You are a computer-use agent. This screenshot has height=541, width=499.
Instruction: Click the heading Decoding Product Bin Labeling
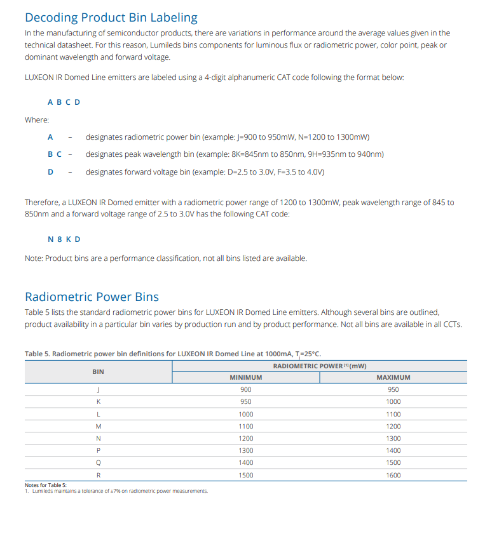111,17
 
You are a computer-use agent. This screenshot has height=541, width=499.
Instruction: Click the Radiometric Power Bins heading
92,297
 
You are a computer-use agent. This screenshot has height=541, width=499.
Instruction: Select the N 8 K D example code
64,239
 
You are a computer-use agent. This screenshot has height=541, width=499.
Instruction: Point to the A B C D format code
64,102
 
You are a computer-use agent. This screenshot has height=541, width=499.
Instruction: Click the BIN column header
98,371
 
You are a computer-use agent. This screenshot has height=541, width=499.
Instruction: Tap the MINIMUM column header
245,377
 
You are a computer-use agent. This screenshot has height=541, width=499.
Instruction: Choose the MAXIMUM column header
393,377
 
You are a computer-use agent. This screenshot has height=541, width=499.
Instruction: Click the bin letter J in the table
98,389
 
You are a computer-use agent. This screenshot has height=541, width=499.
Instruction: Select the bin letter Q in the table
98,463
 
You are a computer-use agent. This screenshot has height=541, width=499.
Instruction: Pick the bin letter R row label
98,475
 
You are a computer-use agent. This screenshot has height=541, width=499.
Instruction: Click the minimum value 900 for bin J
245,389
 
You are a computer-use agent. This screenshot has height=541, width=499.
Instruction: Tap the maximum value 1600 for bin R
393,475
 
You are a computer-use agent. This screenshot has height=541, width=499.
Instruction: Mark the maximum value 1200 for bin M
393,426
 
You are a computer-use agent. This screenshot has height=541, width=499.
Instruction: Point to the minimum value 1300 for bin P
245,450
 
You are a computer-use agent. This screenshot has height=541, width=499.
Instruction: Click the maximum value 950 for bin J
393,389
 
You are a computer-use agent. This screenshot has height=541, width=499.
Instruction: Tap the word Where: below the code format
37,119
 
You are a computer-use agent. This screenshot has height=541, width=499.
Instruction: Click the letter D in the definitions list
50,171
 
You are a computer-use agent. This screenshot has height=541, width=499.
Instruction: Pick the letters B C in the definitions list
55,154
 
